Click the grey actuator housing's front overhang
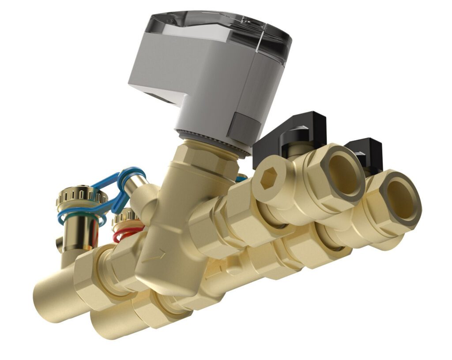[154, 88]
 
